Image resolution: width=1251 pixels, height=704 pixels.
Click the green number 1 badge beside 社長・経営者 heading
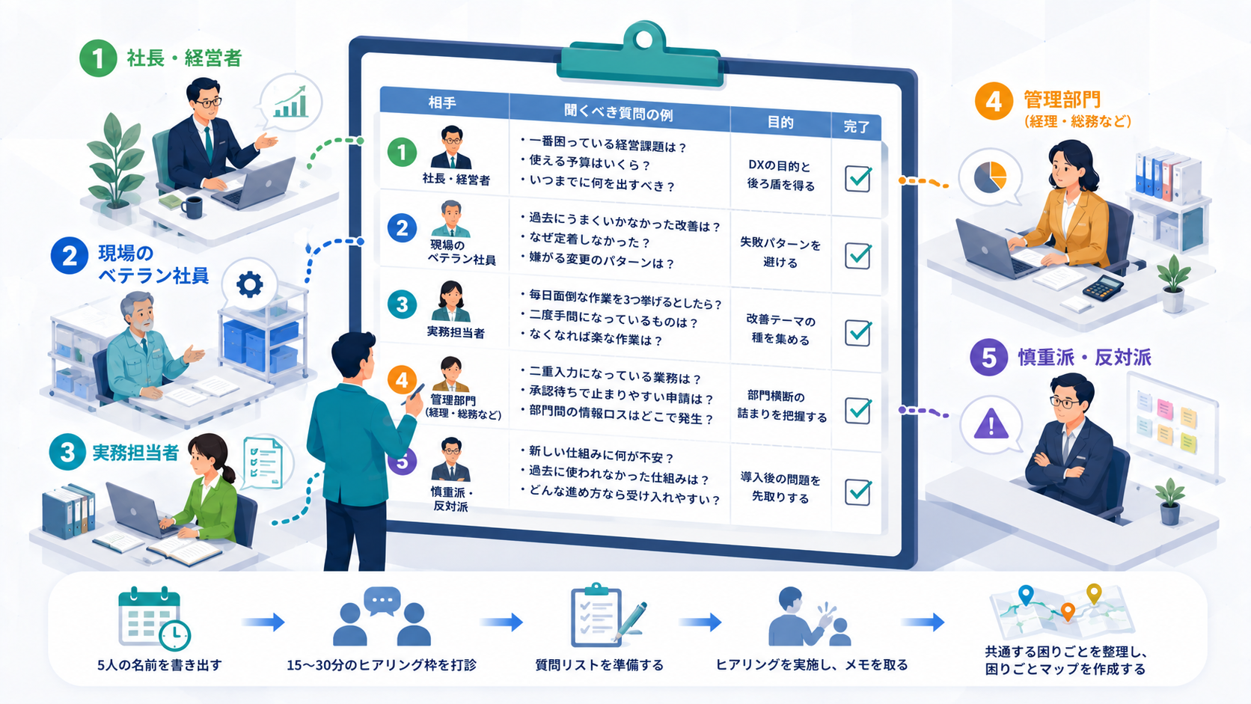pos(98,58)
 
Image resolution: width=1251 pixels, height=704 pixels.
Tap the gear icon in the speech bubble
pos(249,285)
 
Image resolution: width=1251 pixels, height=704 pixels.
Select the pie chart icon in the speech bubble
pos(990,177)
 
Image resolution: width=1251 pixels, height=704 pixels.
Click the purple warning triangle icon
pos(991,424)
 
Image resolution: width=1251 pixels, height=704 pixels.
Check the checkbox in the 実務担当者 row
pos(858,333)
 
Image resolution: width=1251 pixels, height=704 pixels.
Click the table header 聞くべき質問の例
pos(618,113)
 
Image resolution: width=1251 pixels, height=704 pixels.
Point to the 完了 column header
pos(856,126)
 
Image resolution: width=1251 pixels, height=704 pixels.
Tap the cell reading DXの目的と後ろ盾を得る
pos(780,175)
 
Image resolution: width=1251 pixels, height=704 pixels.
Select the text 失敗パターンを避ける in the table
pos(780,253)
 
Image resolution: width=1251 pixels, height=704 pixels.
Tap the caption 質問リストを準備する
pos(599,665)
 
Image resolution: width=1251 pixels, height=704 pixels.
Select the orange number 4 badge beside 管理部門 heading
pos(994,101)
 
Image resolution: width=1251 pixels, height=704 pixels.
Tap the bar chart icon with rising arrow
pos(290,102)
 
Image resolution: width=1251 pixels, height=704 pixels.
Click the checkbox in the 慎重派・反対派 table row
pos(858,492)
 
